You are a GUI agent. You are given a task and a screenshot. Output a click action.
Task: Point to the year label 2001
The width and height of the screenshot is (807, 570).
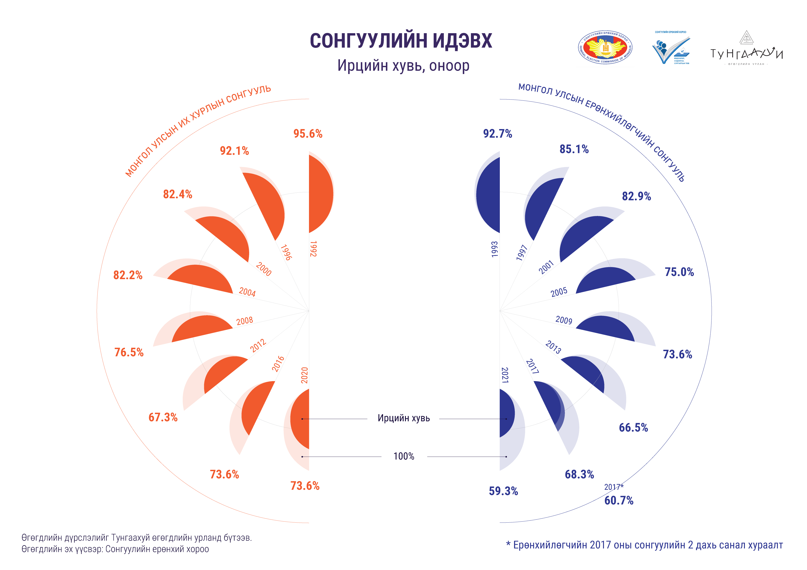coord(546,267)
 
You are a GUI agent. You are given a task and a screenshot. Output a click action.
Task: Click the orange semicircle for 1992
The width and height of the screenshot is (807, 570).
coord(320,194)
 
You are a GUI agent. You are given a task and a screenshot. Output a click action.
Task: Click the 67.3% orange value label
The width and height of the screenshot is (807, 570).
coord(163,417)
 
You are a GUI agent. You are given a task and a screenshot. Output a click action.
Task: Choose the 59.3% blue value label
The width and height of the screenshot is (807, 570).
coord(503,491)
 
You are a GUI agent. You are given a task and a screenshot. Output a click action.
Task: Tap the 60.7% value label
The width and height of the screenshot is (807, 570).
coord(619,500)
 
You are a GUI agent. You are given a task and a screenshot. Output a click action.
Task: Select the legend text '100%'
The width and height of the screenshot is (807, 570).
coord(404,456)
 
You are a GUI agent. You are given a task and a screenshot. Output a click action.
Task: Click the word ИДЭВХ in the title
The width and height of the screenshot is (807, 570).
coord(462,41)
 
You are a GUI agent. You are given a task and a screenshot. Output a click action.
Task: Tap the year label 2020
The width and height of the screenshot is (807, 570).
coord(304,375)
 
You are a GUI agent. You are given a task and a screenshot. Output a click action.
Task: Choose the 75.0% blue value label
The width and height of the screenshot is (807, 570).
coord(679,272)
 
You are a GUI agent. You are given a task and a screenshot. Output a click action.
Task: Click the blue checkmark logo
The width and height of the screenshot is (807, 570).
coord(671,49)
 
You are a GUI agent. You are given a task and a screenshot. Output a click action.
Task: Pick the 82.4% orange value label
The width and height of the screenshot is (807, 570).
coord(178,194)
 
